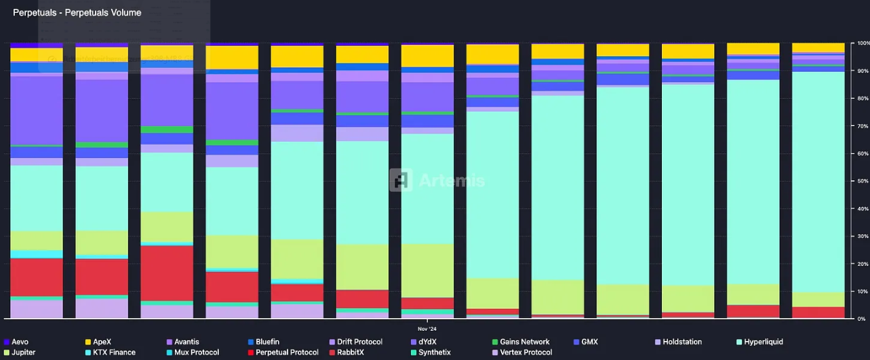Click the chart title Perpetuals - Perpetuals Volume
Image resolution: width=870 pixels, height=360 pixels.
(77, 13)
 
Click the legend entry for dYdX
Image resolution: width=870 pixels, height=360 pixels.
(428, 342)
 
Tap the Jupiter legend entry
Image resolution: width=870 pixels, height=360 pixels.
(24, 353)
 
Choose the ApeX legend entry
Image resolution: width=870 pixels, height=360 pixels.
(102, 342)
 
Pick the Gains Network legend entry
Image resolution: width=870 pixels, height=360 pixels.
(524, 342)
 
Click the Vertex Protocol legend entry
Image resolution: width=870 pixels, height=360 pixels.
(526, 353)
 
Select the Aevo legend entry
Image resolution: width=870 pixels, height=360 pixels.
(20, 342)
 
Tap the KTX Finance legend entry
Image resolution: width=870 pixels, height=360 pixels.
(113, 353)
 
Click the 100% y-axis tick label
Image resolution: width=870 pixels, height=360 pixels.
(863, 43)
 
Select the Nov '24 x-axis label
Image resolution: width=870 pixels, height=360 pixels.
(427, 328)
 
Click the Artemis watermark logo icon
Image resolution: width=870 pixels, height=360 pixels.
(401, 180)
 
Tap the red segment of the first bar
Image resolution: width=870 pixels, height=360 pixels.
(37, 277)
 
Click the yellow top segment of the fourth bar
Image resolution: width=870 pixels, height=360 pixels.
(232, 58)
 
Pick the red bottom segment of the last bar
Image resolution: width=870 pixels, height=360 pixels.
(818, 313)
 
